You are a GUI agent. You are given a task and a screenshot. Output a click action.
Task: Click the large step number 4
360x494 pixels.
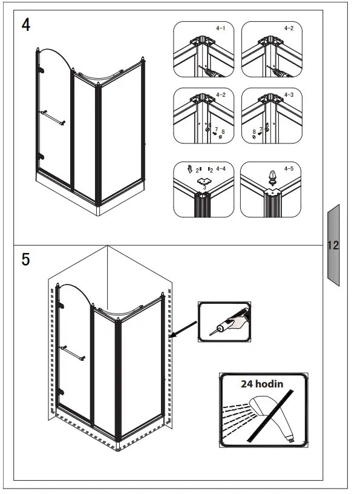pyautogui.click(x=26, y=25)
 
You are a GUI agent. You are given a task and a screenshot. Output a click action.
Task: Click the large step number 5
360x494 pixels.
pyautogui.click(x=25, y=259)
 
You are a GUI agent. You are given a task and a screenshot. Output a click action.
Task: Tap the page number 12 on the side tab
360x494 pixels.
pyautogui.click(x=333, y=245)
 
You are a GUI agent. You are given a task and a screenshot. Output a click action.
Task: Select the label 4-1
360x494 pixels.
pyautogui.click(x=220, y=28)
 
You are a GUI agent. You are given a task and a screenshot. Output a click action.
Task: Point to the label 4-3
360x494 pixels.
pyautogui.click(x=289, y=94)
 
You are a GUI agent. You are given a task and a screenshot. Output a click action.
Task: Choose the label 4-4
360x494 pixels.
pyautogui.click(x=221, y=169)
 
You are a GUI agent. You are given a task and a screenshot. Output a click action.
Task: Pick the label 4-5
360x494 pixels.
pyautogui.click(x=289, y=168)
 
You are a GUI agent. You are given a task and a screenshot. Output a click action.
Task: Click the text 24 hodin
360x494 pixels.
pyautogui.click(x=262, y=384)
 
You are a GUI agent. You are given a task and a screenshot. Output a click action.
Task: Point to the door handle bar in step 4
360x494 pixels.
pyautogui.click(x=53, y=117)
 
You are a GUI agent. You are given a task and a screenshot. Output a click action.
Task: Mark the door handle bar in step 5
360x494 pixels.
pyautogui.click(x=73, y=353)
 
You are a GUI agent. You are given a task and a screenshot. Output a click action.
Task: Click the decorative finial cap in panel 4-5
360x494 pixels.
pyautogui.click(x=272, y=177)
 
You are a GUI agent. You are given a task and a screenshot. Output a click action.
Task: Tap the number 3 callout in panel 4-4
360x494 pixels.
pyautogui.click(x=205, y=188)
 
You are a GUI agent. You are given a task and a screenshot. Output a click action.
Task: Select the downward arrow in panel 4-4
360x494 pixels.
pyautogui.click(x=189, y=169)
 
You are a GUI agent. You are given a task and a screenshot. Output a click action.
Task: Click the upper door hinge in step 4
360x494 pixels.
pyautogui.click(x=41, y=70)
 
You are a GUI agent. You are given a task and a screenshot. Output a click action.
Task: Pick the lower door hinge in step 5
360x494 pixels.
pyautogui.click(x=61, y=392)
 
